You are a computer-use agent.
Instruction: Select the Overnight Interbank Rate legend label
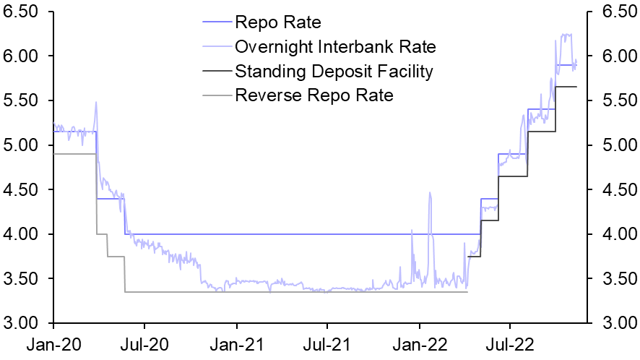click(x=335, y=47)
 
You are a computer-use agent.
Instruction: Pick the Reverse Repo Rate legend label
click(x=314, y=95)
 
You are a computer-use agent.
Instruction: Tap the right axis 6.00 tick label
click(x=614, y=56)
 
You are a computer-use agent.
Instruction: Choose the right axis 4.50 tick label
click(x=614, y=189)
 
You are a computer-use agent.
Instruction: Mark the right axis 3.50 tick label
click(x=614, y=278)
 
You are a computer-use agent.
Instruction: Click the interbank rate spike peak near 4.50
click(x=430, y=193)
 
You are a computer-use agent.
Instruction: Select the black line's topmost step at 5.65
click(x=566, y=87)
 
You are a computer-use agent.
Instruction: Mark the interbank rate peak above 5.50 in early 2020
click(x=96, y=102)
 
